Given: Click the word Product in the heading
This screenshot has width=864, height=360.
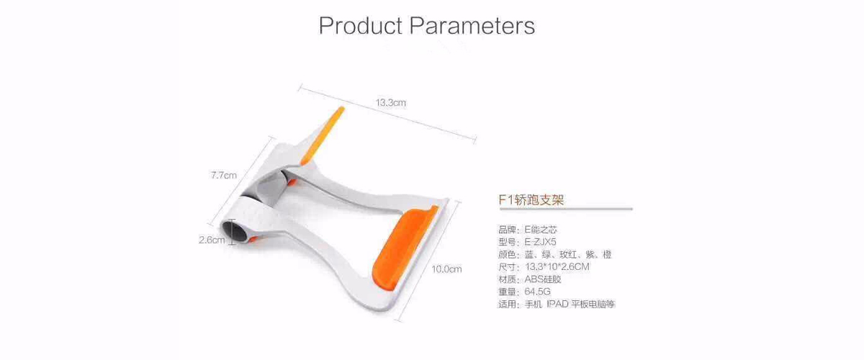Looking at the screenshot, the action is point(361,25).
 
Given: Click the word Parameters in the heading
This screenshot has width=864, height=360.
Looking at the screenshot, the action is point(472,25).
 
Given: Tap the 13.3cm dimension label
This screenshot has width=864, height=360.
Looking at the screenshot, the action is point(391,103).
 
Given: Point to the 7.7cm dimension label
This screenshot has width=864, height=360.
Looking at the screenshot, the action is point(224,175).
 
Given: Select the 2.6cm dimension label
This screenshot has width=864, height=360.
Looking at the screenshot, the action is point(212,240).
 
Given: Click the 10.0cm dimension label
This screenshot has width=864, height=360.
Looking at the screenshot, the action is point(446,269).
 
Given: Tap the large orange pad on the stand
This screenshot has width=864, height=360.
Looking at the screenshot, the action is point(403,248).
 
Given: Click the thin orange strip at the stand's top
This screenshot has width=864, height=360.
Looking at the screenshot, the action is point(322,135).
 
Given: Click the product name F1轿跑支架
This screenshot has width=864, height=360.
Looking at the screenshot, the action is point(531,199).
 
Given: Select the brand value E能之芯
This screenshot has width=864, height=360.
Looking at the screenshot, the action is point(541,230).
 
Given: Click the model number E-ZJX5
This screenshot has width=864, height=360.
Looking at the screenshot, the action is point(541,242).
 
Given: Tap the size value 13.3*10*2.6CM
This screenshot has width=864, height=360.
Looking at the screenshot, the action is point(557,266).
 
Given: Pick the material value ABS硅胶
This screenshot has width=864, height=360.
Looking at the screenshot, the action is point(543,279).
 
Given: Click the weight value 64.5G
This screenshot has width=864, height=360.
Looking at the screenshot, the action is point(537,292).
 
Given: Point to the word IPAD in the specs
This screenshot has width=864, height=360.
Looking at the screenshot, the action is point(557,304).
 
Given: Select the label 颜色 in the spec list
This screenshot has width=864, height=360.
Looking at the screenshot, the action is point(507,254).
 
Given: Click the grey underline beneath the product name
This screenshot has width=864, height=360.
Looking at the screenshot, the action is point(566,209).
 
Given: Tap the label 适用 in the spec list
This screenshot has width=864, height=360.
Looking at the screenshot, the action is point(507,304).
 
